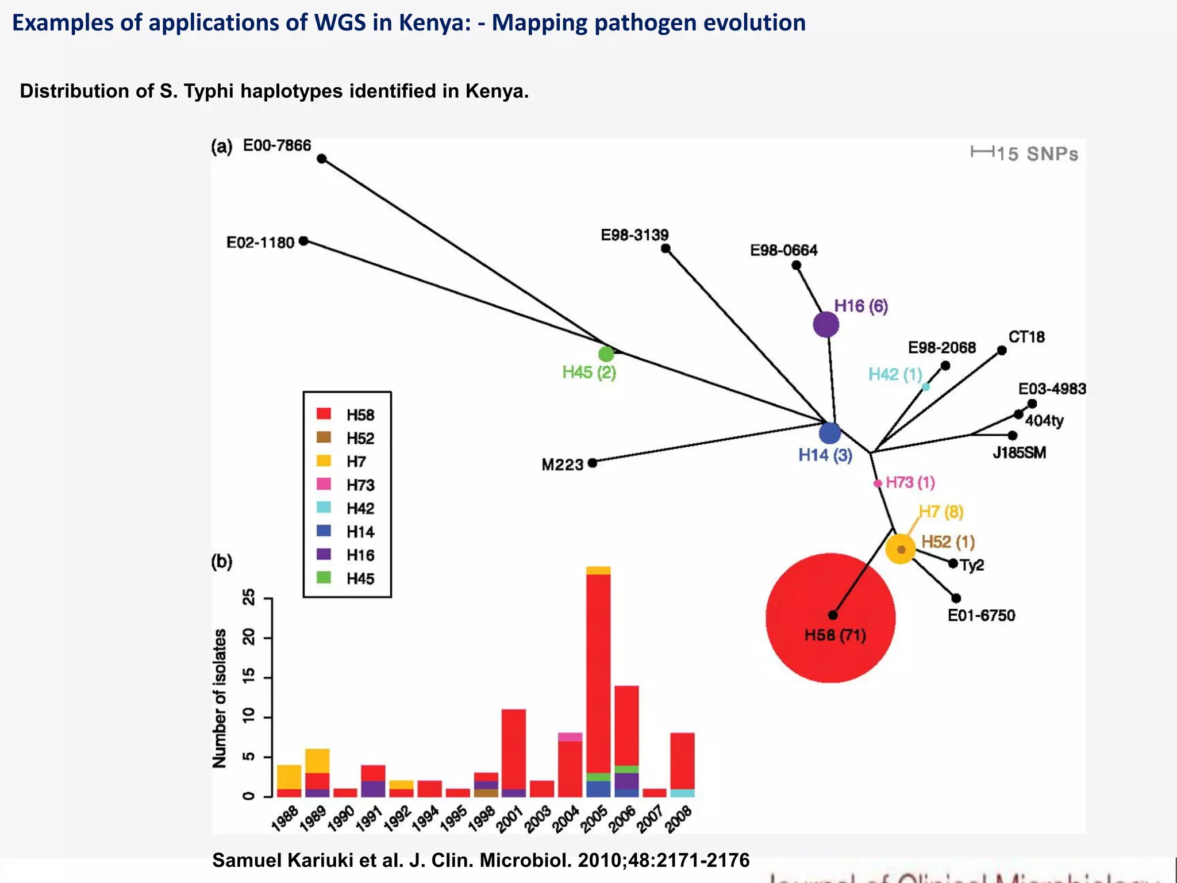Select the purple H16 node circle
[x=826, y=325]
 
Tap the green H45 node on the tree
[x=606, y=354]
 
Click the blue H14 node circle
[x=829, y=433]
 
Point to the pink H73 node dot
[x=878, y=483]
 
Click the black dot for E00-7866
[x=322, y=159]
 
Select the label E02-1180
[x=260, y=243]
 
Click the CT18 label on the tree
[x=1026, y=337]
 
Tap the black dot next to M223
[x=593, y=463]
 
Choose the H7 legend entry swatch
[x=324, y=461]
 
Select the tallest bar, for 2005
[x=598, y=678]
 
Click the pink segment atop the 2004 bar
[x=570, y=737]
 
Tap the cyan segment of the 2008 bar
[x=682, y=793]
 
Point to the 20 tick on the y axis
[x=249, y=638]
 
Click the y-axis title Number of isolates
[x=220, y=698]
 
